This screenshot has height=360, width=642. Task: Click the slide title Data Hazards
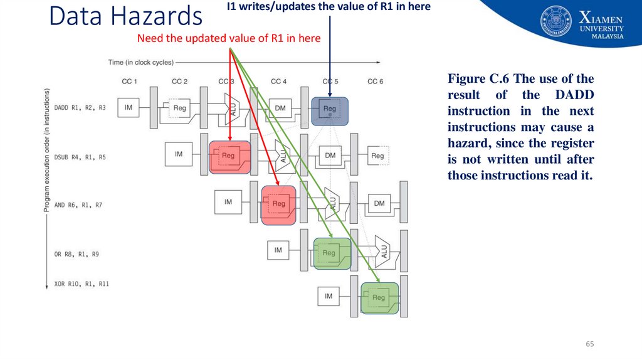(125, 17)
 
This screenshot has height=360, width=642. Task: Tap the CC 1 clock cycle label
(129, 82)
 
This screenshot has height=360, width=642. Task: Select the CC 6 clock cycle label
(375, 82)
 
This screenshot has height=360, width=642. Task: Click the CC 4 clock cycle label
(279, 82)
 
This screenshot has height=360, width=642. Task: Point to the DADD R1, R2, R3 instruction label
(80, 108)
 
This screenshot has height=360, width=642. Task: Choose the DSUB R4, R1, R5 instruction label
(80, 157)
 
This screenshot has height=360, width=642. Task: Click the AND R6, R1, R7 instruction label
(78, 205)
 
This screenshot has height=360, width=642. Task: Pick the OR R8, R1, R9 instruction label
(77, 254)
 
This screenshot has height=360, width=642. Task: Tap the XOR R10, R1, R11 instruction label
(82, 284)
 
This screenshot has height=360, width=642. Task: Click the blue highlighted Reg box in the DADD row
(330, 109)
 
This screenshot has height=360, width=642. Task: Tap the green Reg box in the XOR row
(379, 298)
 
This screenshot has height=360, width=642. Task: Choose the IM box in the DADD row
(129, 108)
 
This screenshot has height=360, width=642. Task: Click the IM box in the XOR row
(329, 295)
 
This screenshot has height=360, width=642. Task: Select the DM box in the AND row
(379, 203)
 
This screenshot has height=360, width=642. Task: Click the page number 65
(589, 344)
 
